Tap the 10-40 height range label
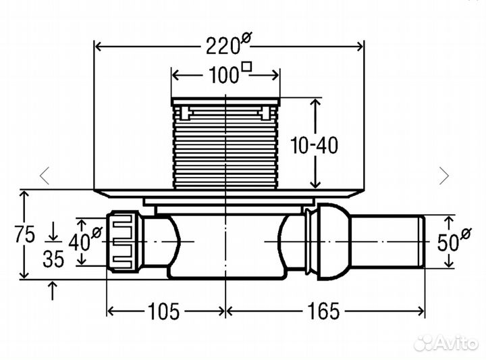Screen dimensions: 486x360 pos(315,145)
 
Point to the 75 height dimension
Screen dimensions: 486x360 pos(25,234)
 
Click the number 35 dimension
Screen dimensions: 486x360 pos(53,259)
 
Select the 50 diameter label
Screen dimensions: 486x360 pos(454,240)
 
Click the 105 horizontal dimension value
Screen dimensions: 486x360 pos(164,311)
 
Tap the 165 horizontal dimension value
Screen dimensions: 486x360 pos(323,311)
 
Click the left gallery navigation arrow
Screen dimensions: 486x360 pos(45,176)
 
